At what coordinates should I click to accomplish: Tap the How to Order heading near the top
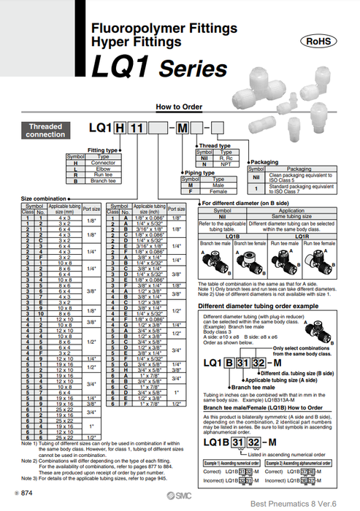180,107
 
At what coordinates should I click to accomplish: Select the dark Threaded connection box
46,131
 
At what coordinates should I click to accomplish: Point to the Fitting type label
103,149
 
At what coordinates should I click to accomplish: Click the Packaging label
264,161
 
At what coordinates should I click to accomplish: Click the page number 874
31,496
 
